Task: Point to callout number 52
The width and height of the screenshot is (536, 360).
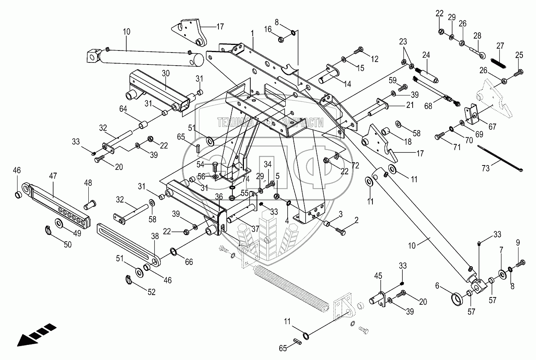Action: pyautogui.click(x=151, y=292)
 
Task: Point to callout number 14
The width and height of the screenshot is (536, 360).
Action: pyautogui.click(x=347, y=84)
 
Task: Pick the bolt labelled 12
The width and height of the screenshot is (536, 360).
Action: pyautogui.click(x=359, y=50)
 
